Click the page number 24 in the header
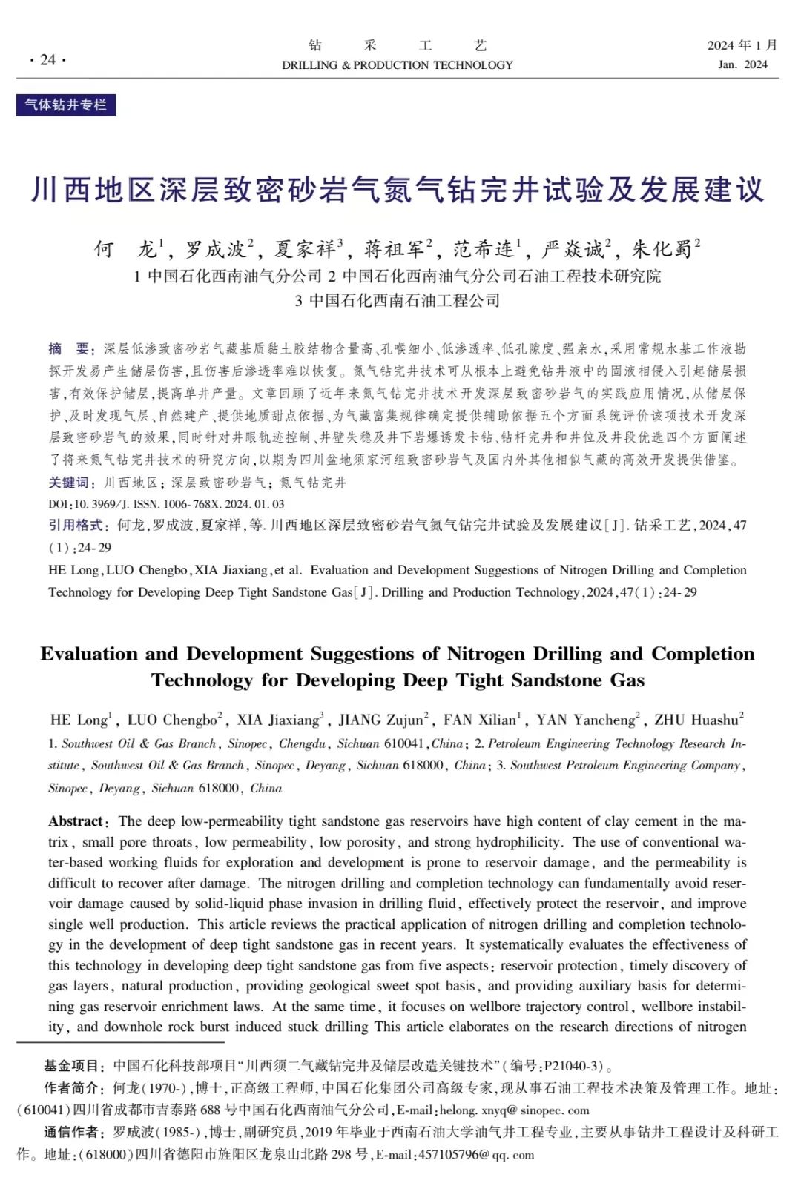point(47,59)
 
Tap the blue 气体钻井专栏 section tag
point(66,105)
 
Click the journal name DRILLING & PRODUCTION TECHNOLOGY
point(397,65)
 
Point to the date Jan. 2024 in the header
point(742,64)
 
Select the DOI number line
point(166,504)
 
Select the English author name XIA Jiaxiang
point(278,720)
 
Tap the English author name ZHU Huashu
point(696,720)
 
